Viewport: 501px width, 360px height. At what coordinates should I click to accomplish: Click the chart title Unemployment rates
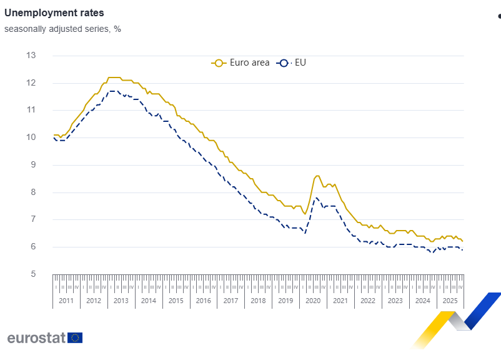(54, 12)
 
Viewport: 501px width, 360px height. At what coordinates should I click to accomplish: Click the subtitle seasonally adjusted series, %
(62, 29)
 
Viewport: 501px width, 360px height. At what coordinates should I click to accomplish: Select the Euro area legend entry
(241, 62)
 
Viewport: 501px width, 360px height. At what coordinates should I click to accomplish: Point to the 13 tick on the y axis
(31, 56)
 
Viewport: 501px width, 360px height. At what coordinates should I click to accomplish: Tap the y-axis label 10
(31, 137)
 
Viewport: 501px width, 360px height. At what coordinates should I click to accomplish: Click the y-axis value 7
(31, 219)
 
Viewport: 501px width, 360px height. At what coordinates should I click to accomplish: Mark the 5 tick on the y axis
(31, 274)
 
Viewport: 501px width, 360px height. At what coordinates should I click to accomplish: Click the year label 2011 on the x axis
(66, 301)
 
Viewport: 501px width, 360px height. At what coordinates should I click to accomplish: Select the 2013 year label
(121, 301)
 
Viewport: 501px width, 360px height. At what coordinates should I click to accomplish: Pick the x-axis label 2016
(203, 301)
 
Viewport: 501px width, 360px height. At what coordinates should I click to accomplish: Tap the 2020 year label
(312, 301)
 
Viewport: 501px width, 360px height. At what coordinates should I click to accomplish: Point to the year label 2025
(449, 301)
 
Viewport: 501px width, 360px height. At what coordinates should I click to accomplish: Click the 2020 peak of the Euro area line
(317, 176)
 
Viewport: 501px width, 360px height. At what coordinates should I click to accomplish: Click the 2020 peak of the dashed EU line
(317, 197)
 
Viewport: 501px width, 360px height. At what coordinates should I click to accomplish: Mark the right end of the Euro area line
(462, 241)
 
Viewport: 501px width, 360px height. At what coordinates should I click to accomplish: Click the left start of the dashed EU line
(53, 137)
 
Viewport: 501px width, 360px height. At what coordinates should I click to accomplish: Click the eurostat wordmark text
(36, 338)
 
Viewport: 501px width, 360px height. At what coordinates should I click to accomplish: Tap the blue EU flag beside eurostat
(75, 338)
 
